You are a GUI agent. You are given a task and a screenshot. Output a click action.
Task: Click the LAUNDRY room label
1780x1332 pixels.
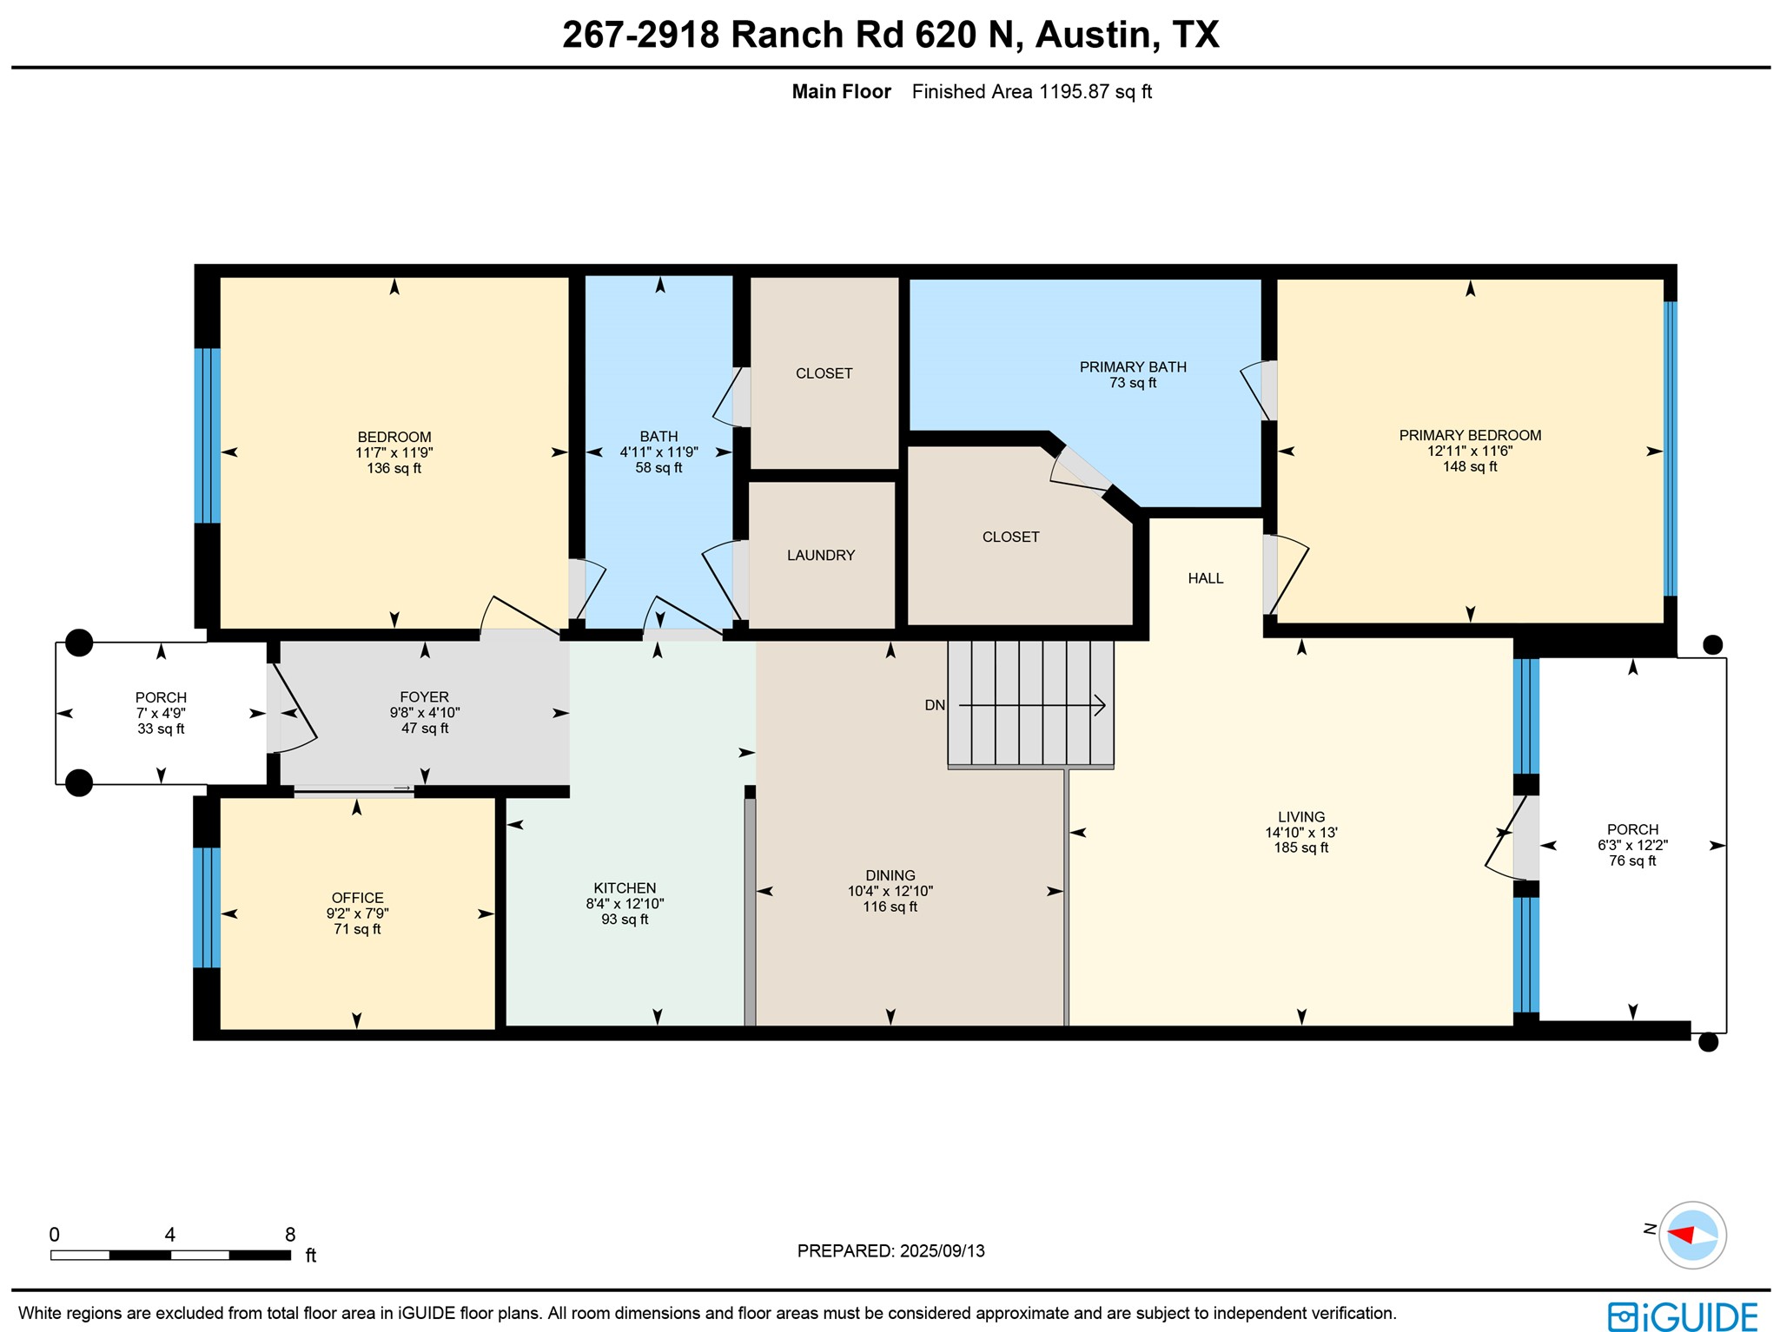821,555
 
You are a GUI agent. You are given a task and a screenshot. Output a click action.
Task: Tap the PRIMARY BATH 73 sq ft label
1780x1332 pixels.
1133,375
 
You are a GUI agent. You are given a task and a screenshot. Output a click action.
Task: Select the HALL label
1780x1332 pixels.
1205,578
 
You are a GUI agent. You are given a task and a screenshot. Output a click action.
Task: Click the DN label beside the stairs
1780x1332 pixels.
935,705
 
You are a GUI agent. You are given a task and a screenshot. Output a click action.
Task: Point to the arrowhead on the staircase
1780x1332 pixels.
1099,705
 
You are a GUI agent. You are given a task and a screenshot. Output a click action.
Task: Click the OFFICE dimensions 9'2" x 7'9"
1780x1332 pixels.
357,913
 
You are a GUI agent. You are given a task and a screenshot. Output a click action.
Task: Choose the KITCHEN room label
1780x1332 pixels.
625,887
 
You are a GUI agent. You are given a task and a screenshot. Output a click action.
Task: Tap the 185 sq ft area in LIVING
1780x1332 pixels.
1300,847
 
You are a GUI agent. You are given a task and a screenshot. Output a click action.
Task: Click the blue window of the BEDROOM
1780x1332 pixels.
207,435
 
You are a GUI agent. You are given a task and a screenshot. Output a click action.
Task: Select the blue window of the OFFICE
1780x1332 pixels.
206,907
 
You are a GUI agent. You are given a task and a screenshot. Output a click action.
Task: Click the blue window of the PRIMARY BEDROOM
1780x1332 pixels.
1669,448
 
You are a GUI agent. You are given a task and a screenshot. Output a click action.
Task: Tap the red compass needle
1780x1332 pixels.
1682,1234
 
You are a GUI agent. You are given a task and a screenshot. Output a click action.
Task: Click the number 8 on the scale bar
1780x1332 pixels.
290,1234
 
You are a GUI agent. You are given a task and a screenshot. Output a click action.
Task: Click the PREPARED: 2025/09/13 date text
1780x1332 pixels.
890,1250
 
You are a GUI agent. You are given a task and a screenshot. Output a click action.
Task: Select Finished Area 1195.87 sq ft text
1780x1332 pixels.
1031,92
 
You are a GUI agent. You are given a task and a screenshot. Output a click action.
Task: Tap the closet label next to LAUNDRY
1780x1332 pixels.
824,373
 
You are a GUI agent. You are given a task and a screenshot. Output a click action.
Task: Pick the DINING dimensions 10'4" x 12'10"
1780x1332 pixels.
890,891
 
